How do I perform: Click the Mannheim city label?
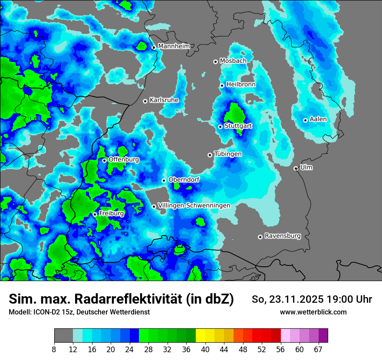[174, 46]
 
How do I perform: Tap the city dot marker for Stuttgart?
[221, 127]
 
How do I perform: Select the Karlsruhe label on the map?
[164, 100]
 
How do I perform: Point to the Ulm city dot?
[296, 168]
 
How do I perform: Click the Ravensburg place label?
[283, 236]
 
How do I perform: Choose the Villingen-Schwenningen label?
[194, 206]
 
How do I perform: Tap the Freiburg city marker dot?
[95, 214]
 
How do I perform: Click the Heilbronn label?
[241, 85]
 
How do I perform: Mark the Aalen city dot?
[306, 120]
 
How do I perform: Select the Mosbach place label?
[233, 61]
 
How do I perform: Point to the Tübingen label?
[228, 154]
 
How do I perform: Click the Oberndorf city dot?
[164, 180]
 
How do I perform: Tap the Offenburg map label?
[124, 160]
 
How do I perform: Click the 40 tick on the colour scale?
[205, 350]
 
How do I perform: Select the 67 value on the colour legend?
[318, 350]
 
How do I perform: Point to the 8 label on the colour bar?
[54, 350]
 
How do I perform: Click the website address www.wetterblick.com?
[313, 312]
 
